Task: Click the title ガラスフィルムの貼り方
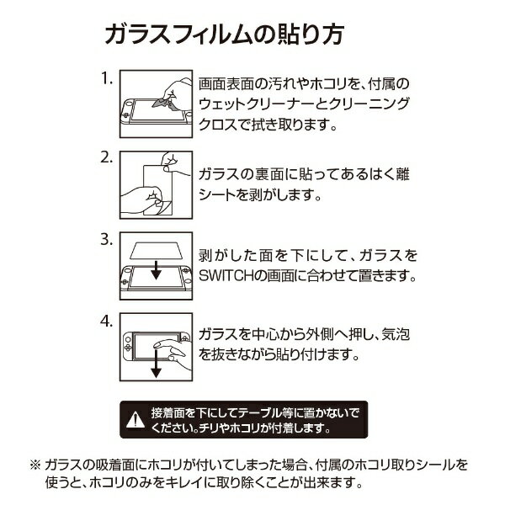[225, 34]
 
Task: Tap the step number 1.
[107, 78]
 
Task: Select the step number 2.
[107, 158]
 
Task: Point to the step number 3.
[107, 240]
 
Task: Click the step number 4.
[107, 322]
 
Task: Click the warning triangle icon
[136, 420]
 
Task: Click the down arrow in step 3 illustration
[157, 270]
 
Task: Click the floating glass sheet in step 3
[157, 250]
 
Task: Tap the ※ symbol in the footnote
[35, 465]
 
